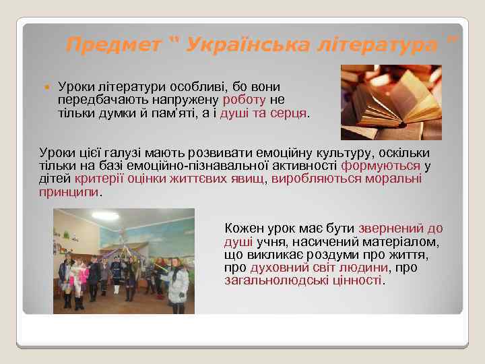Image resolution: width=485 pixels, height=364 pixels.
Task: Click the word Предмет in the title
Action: click(x=114, y=45)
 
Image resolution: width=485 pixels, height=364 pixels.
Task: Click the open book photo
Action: click(x=391, y=102)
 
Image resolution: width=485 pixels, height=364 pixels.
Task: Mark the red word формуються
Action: click(x=381, y=166)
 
